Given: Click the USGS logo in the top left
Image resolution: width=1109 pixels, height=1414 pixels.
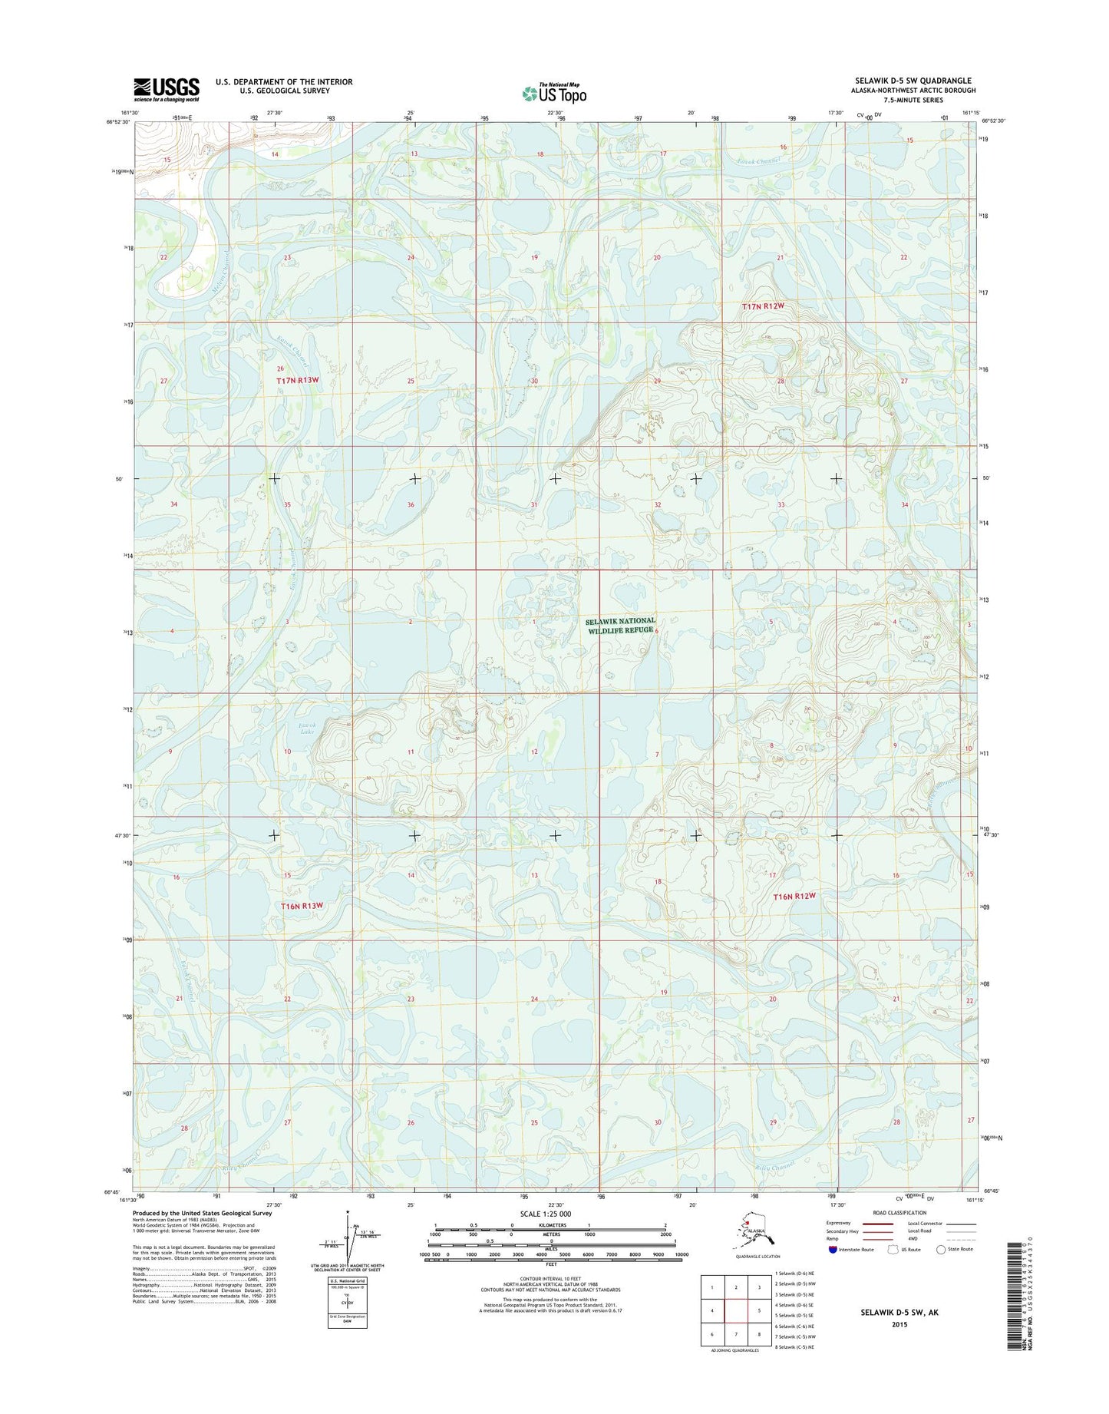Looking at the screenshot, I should [167, 89].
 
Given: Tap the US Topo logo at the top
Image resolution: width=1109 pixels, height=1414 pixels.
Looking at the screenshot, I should [554, 94].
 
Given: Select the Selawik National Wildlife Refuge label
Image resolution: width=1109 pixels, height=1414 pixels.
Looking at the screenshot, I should [620, 626].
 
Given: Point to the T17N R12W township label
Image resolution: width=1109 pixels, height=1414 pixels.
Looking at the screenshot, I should [764, 306].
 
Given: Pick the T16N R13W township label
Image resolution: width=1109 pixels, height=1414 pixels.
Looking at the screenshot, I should [302, 906].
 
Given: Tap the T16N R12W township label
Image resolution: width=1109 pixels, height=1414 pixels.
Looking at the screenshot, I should [794, 896].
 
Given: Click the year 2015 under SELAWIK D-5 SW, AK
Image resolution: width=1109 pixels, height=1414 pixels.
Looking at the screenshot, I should [899, 1324].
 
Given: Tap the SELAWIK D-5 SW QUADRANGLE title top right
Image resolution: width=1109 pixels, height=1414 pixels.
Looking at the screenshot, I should [913, 81].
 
